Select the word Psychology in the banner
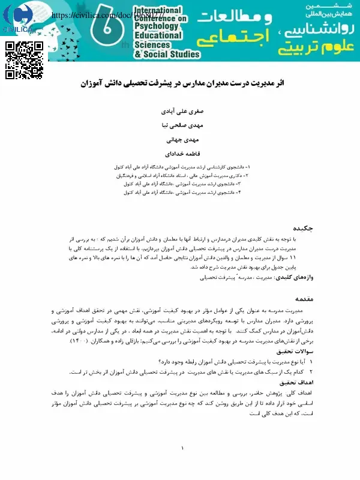click(158, 26)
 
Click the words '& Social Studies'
click(167, 54)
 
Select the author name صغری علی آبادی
click(179, 112)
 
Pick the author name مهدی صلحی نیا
click(179, 127)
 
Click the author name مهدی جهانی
click(180, 141)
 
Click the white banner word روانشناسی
click(318, 25)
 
